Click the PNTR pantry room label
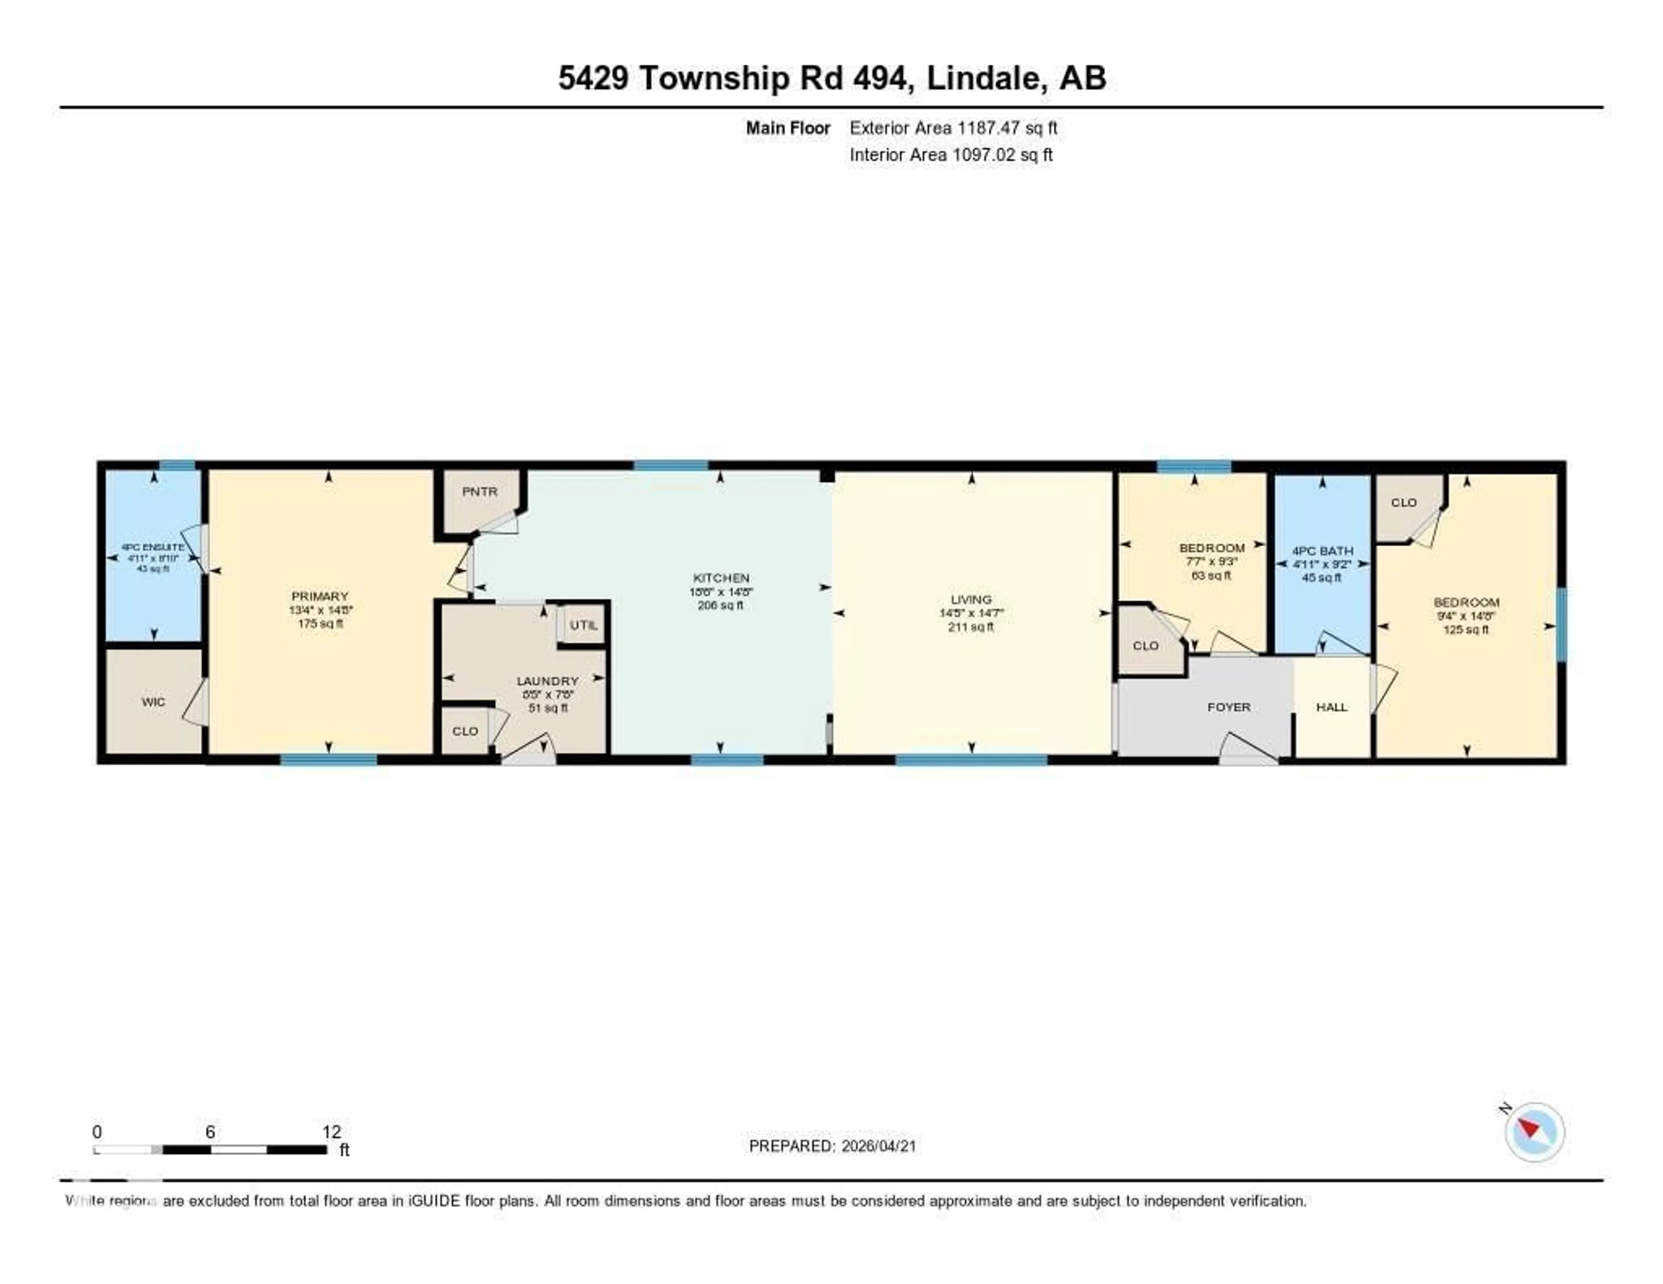tap(480, 492)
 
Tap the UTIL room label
tap(583, 625)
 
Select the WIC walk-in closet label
tap(153, 702)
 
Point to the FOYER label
tap(1228, 707)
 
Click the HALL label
tap(1331, 707)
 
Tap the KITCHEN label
tap(720, 577)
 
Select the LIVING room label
tap(971, 599)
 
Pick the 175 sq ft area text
tap(320, 623)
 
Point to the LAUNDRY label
tap(547, 681)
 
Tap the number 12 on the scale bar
tap(331, 1132)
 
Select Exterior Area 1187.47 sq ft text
tap(953, 128)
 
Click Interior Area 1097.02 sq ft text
tap(950, 155)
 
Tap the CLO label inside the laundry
tap(465, 731)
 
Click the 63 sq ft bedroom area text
tap(1211, 575)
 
